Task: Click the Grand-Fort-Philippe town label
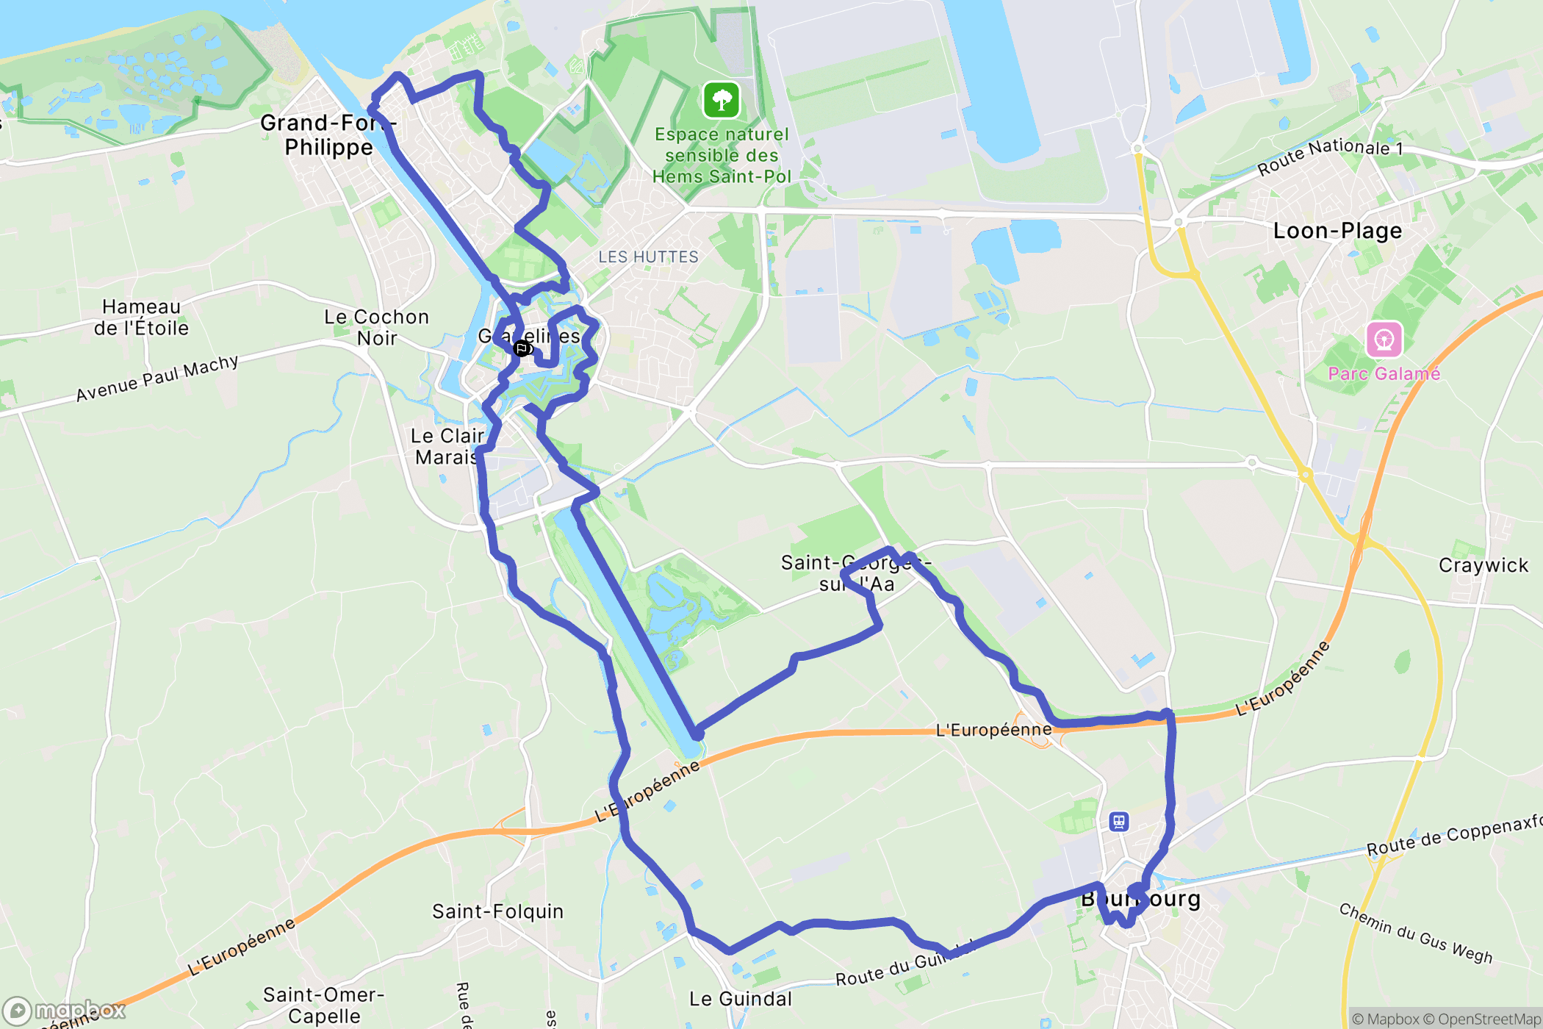[x=328, y=135]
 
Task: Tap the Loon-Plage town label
[x=1337, y=231]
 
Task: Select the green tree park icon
[x=722, y=100]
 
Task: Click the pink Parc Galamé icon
[x=1384, y=340]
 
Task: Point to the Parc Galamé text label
[x=1384, y=373]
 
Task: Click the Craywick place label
[x=1483, y=565]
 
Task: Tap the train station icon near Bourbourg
[x=1119, y=821]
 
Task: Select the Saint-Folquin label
[x=497, y=911]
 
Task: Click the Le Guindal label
[x=741, y=999]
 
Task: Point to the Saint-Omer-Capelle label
[x=324, y=1005]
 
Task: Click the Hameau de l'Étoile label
[x=141, y=318]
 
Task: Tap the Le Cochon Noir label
[x=377, y=327]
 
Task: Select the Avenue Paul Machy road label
[x=157, y=378]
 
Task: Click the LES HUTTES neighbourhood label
[x=648, y=257]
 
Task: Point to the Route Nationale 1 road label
[x=1330, y=156]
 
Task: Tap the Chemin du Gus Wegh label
[x=1415, y=933]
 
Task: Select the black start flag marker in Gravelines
[x=522, y=348]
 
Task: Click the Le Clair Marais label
[x=447, y=446]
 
